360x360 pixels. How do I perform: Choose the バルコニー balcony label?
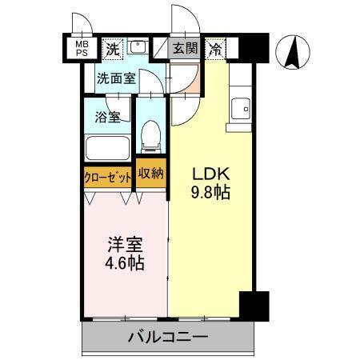tap(168, 337)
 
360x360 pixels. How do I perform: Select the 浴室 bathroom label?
tap(109, 117)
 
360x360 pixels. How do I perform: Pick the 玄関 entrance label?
tap(185, 48)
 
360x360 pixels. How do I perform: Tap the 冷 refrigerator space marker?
tap(217, 48)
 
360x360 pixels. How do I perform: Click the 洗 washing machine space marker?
tap(115, 48)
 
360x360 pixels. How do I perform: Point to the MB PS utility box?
tap(82, 48)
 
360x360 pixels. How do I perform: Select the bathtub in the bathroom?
tap(108, 149)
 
